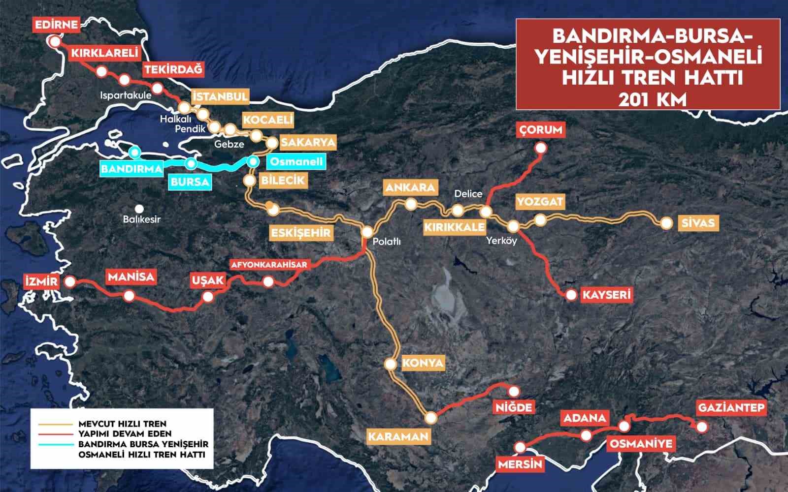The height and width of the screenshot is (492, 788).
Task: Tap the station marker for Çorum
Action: tap(541, 148)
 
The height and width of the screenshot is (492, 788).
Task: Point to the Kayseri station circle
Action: tap(571, 295)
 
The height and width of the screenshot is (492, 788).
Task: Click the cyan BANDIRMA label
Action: tap(131, 169)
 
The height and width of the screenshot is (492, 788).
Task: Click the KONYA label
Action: tap(423, 364)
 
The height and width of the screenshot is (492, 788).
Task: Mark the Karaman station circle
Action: tap(431, 418)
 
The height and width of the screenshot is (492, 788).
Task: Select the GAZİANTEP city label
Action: tap(731, 408)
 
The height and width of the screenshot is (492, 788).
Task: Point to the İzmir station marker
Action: tap(70, 282)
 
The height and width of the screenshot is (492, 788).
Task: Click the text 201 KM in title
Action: tap(648, 99)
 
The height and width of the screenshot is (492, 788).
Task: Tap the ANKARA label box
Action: tap(411, 187)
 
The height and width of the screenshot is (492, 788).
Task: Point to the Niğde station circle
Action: tap(514, 391)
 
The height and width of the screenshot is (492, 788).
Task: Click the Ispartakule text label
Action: tap(125, 95)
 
